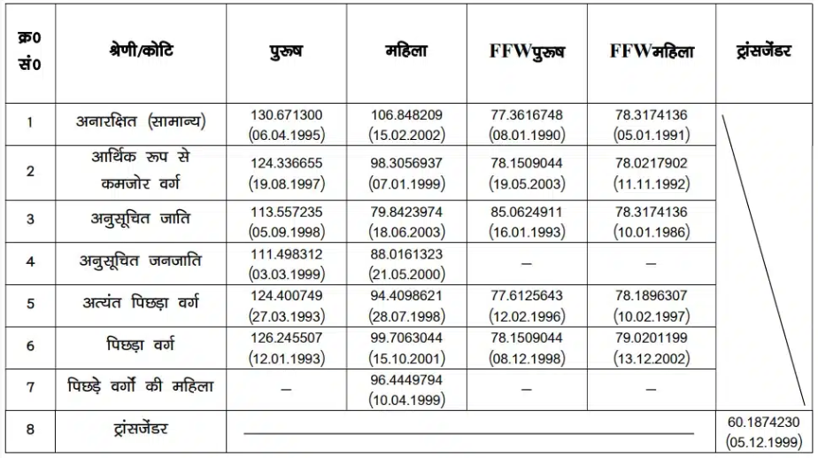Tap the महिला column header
click(x=406, y=51)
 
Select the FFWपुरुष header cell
click(x=528, y=51)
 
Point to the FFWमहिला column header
click(x=652, y=51)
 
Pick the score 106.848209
click(x=406, y=115)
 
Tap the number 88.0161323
click(x=406, y=253)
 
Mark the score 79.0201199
click(x=652, y=337)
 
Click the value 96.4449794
click(x=406, y=378)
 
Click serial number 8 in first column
click(x=30, y=430)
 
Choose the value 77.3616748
click(x=528, y=115)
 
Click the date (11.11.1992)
click(x=652, y=183)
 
